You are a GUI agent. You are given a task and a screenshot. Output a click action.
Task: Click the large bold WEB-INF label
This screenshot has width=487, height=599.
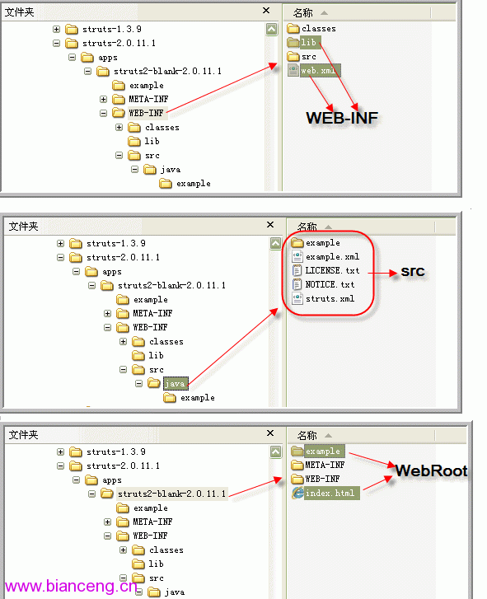pos(342,118)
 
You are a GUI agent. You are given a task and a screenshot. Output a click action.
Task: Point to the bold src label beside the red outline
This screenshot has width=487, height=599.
pos(413,271)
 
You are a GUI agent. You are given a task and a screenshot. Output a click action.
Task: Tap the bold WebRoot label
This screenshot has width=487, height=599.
pos(431,470)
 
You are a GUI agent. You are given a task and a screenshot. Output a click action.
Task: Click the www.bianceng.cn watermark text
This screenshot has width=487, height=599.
pos(71,586)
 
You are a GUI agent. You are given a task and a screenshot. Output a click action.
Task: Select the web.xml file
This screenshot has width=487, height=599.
pos(314,70)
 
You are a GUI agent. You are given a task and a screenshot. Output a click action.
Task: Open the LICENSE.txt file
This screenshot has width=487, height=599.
pos(325,270)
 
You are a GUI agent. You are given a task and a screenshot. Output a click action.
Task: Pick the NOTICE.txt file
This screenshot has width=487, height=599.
pos(323,284)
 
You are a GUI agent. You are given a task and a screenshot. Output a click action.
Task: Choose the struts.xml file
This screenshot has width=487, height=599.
pos(323,299)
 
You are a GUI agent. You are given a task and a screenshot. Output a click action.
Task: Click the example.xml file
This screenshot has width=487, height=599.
pos(325,257)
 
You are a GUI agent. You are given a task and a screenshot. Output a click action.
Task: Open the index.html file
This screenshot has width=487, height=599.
pos(325,494)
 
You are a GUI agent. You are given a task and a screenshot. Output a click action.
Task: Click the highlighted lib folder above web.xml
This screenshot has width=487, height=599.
pos(304,42)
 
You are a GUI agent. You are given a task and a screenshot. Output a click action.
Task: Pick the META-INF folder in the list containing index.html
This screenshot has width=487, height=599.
pos(318,465)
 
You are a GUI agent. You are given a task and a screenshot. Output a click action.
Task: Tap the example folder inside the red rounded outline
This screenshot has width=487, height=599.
pos(316,242)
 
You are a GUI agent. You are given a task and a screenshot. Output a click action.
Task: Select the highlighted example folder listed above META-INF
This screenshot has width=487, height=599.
pos(318,452)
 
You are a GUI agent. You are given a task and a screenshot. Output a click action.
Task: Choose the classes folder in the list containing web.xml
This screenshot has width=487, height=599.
pos(311,28)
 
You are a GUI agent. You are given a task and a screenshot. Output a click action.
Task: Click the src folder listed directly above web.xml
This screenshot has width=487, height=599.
pos(302,57)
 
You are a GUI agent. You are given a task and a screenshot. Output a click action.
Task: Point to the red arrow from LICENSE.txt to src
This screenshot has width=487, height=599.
pos(382,273)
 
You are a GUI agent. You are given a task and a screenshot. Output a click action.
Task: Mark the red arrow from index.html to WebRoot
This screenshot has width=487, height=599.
pos(377,483)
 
